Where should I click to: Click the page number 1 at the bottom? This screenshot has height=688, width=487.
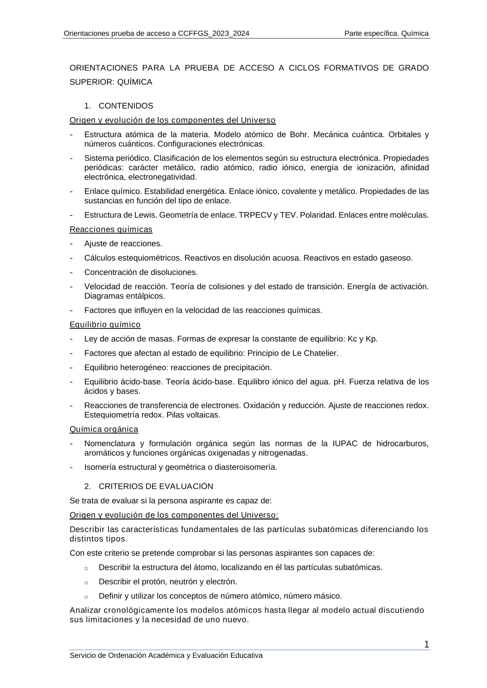click(427, 645)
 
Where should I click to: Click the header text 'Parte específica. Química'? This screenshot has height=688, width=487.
click(386, 34)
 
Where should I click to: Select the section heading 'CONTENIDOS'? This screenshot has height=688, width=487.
click(126, 106)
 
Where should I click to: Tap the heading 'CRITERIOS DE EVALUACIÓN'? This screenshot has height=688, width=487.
click(156, 486)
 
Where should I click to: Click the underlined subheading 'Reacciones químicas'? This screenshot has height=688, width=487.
click(111, 229)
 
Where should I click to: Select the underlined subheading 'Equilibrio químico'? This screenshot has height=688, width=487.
click(105, 325)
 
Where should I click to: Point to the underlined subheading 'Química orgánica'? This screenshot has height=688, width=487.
click(104, 429)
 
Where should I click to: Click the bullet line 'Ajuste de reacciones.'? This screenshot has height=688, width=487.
click(123, 244)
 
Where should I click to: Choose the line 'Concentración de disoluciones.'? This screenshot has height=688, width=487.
click(141, 272)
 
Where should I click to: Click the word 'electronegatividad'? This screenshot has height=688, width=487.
click(163, 177)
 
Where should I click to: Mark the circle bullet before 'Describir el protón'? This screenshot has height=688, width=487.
click(86, 582)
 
